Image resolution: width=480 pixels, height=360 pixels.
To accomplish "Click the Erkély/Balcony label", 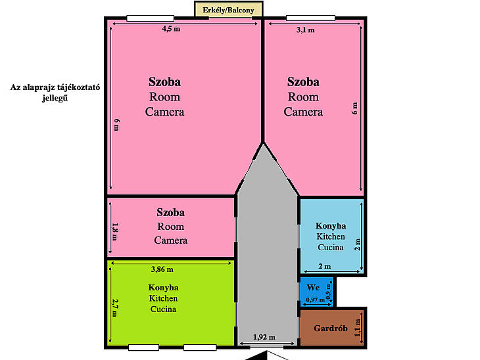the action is [x=228, y=10].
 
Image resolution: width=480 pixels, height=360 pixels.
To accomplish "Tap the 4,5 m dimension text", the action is [x=171, y=29].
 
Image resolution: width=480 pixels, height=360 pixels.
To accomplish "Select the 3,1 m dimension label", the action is [x=306, y=30].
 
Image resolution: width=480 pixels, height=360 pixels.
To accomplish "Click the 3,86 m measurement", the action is [x=162, y=269].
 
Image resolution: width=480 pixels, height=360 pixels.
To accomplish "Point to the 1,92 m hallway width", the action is [x=264, y=337].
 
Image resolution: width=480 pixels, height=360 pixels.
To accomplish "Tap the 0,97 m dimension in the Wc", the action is [x=316, y=300].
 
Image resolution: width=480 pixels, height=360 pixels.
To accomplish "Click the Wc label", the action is [x=313, y=288].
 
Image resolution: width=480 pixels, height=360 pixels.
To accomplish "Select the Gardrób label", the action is [x=331, y=328].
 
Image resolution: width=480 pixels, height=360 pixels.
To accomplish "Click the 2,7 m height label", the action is [x=115, y=307].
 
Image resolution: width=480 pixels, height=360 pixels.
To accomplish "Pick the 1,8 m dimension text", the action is [x=115, y=231].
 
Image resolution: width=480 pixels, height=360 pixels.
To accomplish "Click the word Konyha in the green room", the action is [x=164, y=288].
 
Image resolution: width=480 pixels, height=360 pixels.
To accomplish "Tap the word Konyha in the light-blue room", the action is [x=331, y=226].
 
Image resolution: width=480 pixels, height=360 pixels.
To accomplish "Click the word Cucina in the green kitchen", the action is [x=164, y=309].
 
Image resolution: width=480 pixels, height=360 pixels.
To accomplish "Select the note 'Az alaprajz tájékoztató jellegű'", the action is [x=55, y=93].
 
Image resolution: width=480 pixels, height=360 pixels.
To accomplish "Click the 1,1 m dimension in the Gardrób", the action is [x=358, y=328].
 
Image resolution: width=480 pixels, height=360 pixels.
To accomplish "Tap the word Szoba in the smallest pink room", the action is [x=170, y=212].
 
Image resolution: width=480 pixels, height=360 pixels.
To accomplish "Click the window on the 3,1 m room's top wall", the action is [x=310, y=18].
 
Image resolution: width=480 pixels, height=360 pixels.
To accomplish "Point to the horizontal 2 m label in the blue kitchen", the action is [x=325, y=266].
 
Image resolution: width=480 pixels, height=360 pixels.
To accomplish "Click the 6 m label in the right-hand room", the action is [x=354, y=108].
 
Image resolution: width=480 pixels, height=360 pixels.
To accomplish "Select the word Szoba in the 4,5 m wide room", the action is [x=164, y=81].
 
